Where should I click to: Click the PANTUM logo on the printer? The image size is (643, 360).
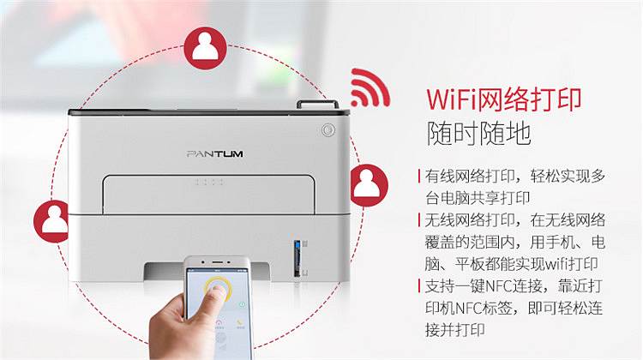click(x=214, y=154)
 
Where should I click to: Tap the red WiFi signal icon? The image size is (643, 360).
click(x=369, y=88)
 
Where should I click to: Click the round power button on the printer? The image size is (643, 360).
click(x=328, y=130)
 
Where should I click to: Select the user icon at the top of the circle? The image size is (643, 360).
click(x=206, y=48)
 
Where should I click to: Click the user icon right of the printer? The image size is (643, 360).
click(x=368, y=185)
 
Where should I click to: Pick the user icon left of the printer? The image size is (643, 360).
click(x=51, y=221)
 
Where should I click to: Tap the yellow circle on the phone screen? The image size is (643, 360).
click(x=217, y=287)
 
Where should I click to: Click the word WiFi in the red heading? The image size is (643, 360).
click(x=452, y=100)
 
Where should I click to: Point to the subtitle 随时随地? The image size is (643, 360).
click(x=478, y=133)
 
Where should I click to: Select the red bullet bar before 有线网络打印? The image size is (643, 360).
click(x=418, y=177)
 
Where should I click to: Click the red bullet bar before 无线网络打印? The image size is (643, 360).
click(x=418, y=220)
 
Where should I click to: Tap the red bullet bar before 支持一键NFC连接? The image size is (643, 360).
click(x=418, y=285)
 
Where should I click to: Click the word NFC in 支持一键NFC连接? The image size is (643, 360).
click(x=498, y=285)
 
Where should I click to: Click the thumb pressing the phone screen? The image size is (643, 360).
click(x=218, y=294)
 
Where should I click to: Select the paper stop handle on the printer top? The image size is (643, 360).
click(x=318, y=105)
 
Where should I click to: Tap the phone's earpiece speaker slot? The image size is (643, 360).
click(x=217, y=261)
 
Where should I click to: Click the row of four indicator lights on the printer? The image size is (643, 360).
click(x=209, y=182)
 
